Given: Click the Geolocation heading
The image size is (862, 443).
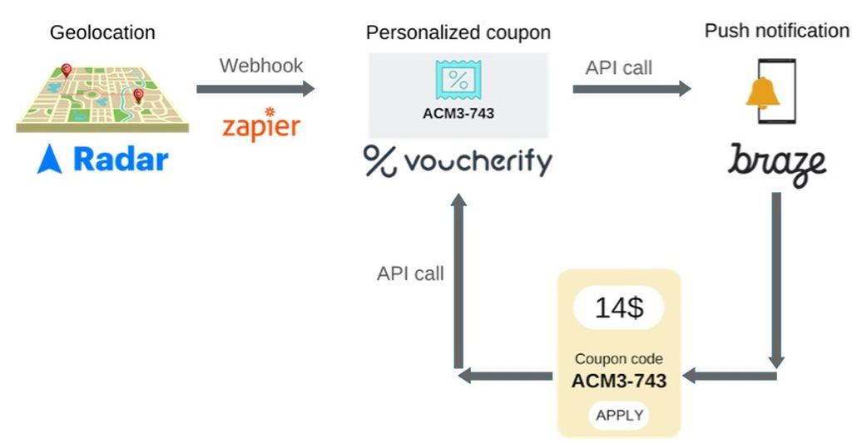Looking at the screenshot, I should (102, 33).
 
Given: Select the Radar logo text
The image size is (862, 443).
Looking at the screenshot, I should (121, 159).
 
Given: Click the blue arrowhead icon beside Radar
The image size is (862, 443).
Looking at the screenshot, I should (49, 159).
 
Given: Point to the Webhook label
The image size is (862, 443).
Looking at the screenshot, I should (261, 66).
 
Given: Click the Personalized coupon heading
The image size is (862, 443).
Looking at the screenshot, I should (458, 33).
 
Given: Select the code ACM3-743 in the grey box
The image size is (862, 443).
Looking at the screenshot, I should (458, 112).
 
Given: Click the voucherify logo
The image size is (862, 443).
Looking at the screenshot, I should (458, 160).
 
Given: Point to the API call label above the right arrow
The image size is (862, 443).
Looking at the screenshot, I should (619, 68).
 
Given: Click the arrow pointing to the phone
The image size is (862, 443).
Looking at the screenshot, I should (632, 89).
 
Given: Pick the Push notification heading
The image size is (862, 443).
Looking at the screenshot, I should (776, 31).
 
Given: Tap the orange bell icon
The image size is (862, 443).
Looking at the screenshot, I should (762, 93).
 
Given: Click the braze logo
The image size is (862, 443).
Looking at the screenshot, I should (777, 162).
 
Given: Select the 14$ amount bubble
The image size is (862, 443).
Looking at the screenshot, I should (618, 308).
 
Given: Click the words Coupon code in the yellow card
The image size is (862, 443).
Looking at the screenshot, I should (618, 360).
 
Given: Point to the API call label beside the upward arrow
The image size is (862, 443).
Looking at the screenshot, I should (410, 273).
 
